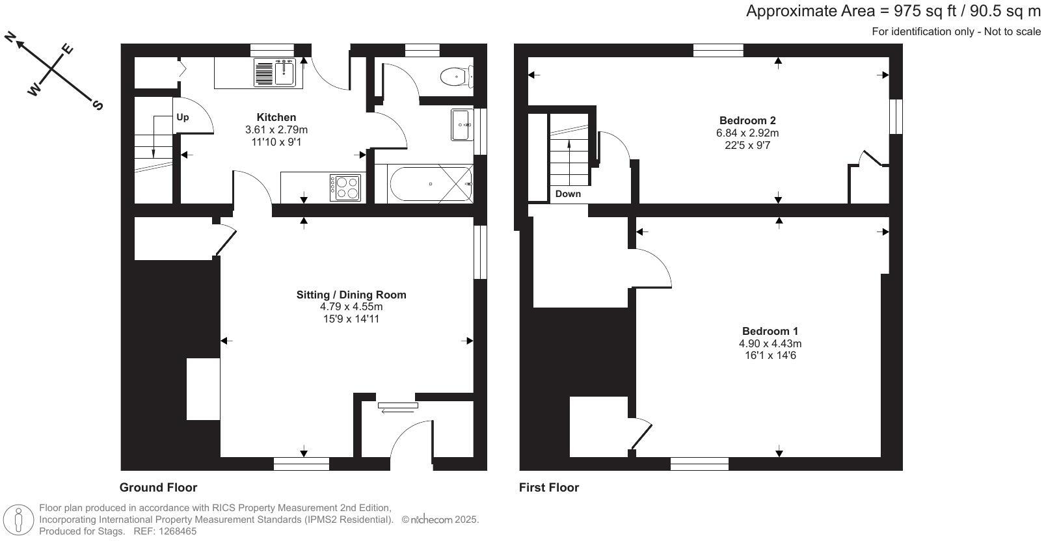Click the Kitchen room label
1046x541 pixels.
(x=276, y=118)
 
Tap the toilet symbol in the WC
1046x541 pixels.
(x=455, y=77)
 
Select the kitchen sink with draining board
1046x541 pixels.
(x=276, y=72)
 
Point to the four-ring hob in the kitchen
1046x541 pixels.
(x=345, y=187)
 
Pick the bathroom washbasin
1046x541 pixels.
(x=461, y=124)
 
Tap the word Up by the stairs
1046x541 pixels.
(x=183, y=118)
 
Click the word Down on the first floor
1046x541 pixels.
(x=568, y=194)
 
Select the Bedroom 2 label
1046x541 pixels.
(x=747, y=120)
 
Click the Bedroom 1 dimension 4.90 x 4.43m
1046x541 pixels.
(x=770, y=343)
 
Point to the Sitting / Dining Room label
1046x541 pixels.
(x=351, y=295)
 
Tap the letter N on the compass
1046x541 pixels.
(x=10, y=38)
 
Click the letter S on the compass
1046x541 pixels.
(x=98, y=105)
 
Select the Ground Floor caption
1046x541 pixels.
(x=158, y=488)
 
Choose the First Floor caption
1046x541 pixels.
(x=549, y=488)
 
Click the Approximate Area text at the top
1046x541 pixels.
(x=893, y=11)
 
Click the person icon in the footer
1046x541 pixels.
(x=19, y=520)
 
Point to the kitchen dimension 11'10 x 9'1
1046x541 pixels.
(x=276, y=142)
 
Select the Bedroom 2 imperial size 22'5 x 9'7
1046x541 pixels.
(x=747, y=145)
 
